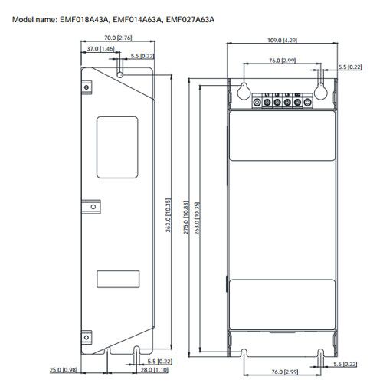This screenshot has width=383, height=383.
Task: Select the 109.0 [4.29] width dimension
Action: click(x=282, y=39)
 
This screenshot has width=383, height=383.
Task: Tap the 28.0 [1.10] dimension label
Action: click(x=154, y=371)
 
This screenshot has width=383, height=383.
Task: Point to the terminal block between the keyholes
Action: click(x=283, y=99)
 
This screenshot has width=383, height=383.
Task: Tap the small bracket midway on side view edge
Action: click(x=91, y=206)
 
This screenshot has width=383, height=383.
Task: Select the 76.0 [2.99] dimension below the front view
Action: click(x=283, y=371)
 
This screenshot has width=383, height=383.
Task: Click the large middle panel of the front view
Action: click(x=283, y=218)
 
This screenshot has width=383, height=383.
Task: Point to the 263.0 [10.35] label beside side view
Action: click(x=169, y=218)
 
